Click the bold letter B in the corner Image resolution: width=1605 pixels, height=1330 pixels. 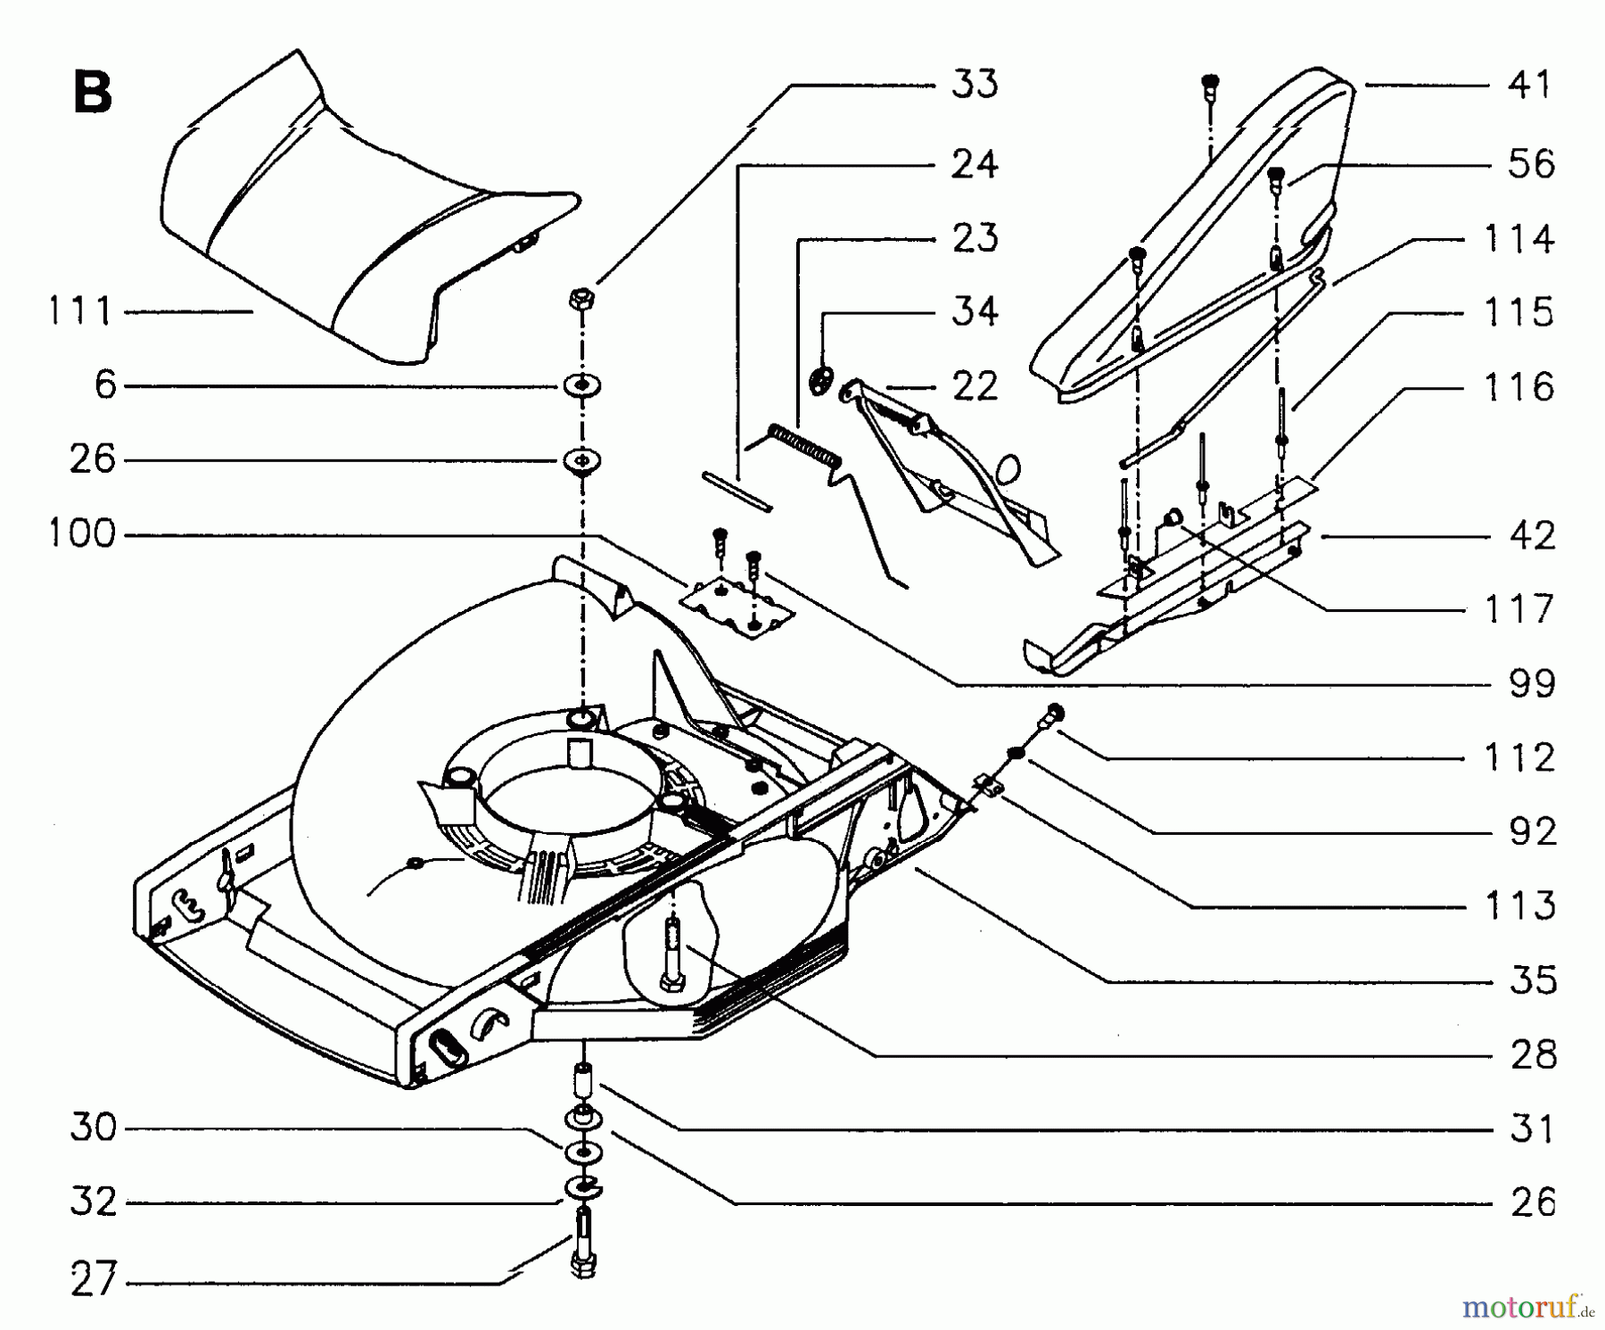92,93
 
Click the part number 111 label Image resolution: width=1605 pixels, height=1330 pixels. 79,311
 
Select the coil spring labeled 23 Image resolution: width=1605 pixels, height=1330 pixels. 805,446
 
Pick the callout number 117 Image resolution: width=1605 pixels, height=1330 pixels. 1519,610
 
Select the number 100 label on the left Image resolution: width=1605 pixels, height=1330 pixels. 80,534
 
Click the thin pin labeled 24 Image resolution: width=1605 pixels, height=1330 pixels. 736,492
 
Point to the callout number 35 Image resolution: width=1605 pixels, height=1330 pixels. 1533,980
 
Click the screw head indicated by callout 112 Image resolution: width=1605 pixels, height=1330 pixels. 1055,712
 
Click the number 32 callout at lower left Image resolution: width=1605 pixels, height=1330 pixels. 94,1202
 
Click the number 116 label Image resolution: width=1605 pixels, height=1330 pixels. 1519,388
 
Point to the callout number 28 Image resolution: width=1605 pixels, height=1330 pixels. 1533,1055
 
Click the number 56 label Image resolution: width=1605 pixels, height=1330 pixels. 1531,164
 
